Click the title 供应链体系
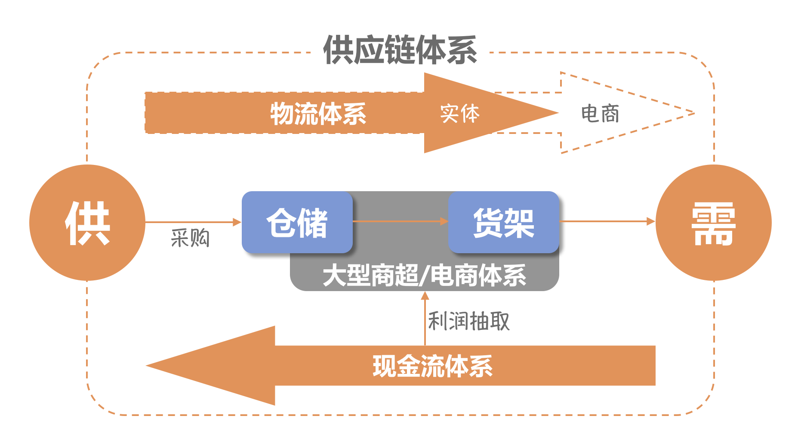tap(400, 50)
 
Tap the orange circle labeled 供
tap(87, 223)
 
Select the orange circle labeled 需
tap(713, 223)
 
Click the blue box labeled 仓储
tap(297, 222)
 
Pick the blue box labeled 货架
tap(503, 222)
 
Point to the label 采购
tap(190, 238)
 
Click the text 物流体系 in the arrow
tap(318, 114)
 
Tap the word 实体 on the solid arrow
tap(459, 114)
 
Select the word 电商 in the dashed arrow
tap(600, 114)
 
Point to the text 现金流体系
tap(432, 366)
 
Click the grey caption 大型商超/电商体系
tap(424, 276)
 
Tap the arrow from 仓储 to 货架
tap(400, 221)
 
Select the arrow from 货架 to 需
tap(607, 221)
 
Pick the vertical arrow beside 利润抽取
tap(425, 319)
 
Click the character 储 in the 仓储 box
tap(313, 222)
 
